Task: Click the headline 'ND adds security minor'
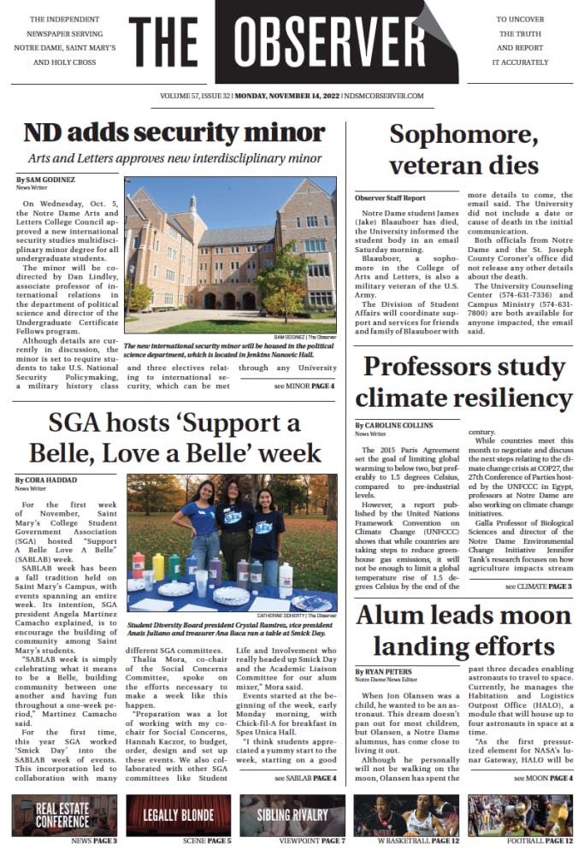pos(174,133)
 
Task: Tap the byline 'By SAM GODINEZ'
pos(45,180)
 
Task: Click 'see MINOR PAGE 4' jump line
pos(304,386)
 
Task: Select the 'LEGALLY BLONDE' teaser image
pos(177,815)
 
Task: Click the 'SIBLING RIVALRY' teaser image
pos(292,815)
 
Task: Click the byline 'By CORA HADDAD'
pos(46,481)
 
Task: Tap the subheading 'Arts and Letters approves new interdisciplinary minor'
pos(174,158)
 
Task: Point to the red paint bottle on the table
pos(138,565)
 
